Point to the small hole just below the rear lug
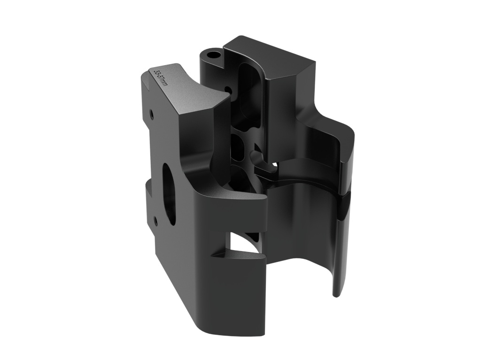[228, 89]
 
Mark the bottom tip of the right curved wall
[336, 293]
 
